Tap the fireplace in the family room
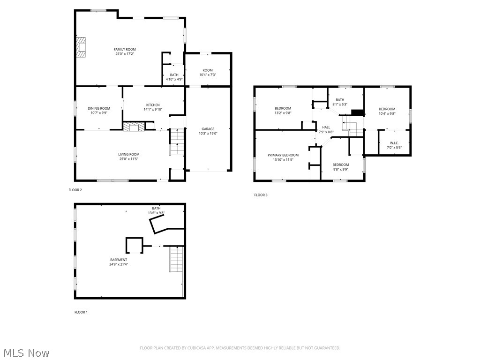click(82, 47)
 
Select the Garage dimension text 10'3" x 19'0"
click(208, 134)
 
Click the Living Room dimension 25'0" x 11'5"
click(128, 159)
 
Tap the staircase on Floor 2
click(175, 142)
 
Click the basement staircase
click(176, 260)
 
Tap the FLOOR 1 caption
click(81, 312)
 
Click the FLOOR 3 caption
click(261, 195)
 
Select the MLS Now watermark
click(26, 352)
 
